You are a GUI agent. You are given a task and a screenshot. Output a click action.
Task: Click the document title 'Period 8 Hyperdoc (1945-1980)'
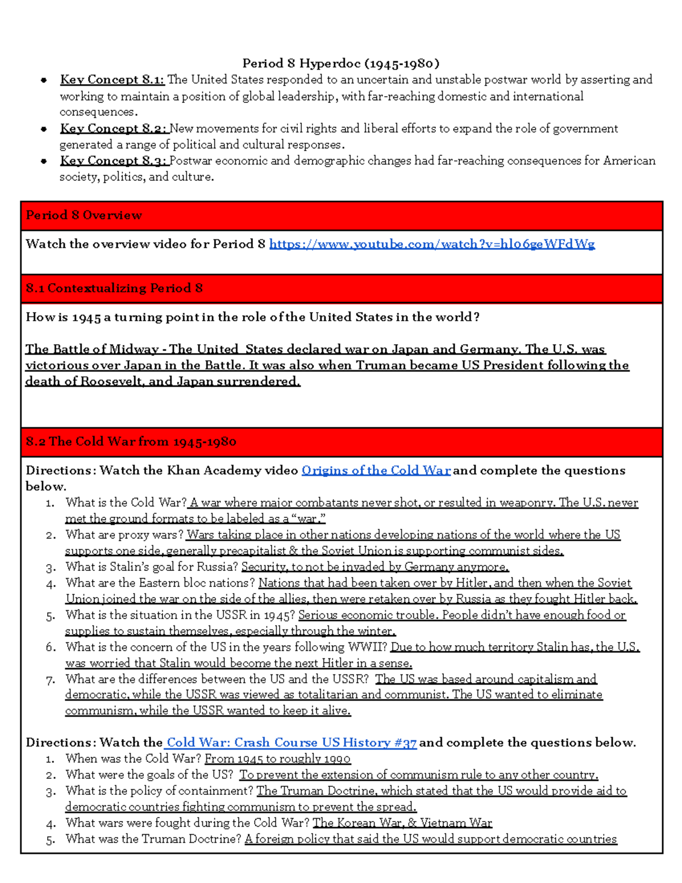pos(341,63)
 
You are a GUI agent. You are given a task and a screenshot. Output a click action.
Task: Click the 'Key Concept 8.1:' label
pos(112,80)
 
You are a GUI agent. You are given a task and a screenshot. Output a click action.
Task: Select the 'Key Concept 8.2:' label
pos(113,128)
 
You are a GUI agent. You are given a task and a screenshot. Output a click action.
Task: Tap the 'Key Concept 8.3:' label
pos(113,161)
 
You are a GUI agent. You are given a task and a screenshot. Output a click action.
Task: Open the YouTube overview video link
pos(431,244)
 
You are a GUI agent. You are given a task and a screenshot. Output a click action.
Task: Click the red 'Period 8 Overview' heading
pos(84,215)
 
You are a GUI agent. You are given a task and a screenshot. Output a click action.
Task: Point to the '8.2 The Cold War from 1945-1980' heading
pos(131,442)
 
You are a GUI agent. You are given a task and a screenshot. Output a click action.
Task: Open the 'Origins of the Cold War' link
pos(376,470)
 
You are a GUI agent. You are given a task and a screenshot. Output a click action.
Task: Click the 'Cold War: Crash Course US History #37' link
pos(291,743)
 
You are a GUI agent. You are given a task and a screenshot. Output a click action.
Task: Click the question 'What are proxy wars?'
pos(124,534)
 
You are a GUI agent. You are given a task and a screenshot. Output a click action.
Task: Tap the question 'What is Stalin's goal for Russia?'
pos(152,567)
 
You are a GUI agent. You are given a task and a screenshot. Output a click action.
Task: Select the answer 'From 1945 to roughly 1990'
pos(277,758)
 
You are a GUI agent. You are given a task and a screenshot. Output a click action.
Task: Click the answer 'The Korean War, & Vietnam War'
pos(402,823)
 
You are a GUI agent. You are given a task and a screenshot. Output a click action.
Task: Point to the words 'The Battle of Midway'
pos(92,349)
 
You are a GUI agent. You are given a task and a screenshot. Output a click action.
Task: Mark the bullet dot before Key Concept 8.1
pos(44,80)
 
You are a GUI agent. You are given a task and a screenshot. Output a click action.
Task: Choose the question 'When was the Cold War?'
pos(134,758)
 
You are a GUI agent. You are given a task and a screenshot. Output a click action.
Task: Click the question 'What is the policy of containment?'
pos(160,791)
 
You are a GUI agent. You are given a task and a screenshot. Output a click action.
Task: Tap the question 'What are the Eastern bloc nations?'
pos(160,583)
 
